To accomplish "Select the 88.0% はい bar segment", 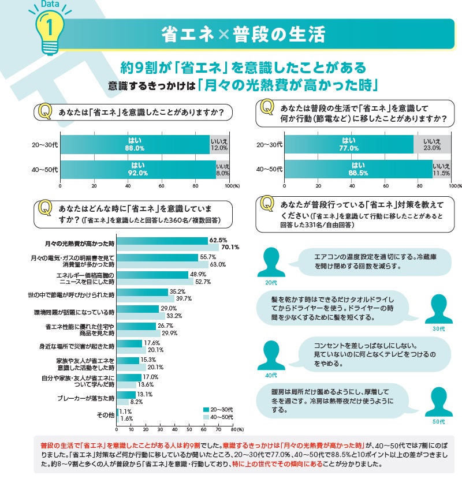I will [x=135, y=144].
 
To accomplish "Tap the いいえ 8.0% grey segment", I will [x=223, y=169].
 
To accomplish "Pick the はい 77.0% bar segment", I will [x=349, y=144].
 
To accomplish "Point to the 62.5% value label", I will [x=218, y=240].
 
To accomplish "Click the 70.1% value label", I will [x=230, y=247].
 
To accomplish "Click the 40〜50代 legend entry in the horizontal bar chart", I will [x=216, y=417].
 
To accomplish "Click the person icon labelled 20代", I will [x=272, y=261].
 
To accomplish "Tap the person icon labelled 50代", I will [x=438, y=402].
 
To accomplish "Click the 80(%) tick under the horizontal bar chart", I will [x=233, y=430].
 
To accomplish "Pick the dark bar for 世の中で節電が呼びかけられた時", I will [x=142, y=291].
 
